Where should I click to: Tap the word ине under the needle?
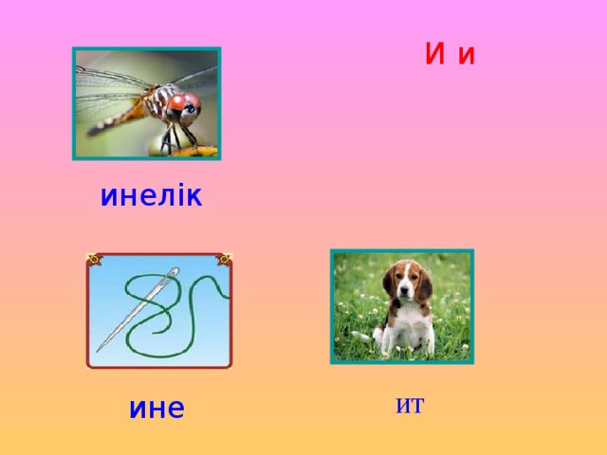(x=157, y=409)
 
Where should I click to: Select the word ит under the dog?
(x=410, y=406)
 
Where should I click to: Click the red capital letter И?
(x=435, y=55)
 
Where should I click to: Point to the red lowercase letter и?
(x=466, y=57)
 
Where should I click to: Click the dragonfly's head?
(x=181, y=107)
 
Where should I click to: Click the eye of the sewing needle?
(x=174, y=276)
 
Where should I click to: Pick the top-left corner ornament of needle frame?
(x=93, y=259)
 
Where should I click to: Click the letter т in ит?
(x=416, y=407)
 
